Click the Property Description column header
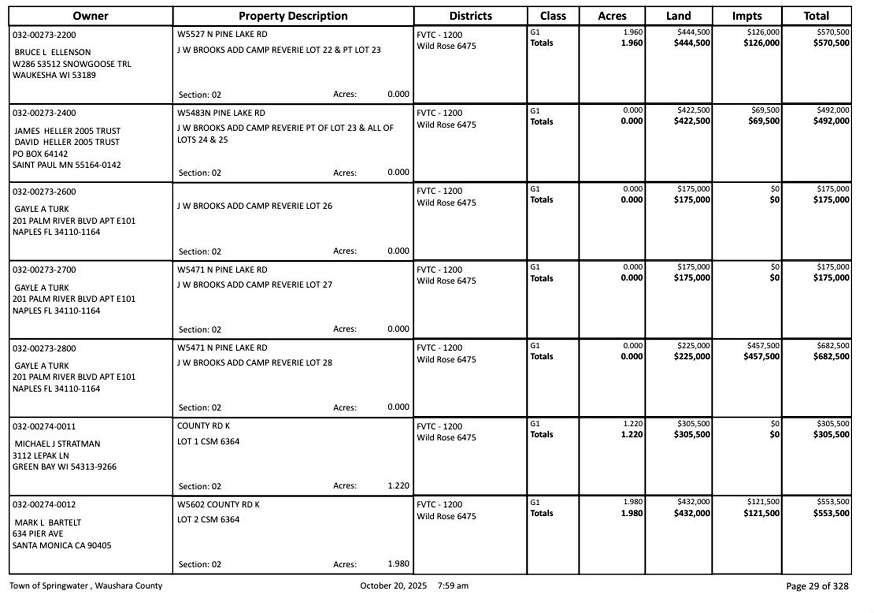pos(293,16)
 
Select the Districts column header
pos(470,16)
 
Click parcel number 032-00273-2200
pos(44,35)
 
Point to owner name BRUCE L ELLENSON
pos(52,52)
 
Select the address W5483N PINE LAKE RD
pos(221,113)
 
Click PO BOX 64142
pos(40,154)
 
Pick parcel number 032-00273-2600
pos(44,192)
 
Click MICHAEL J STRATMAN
pos(57,444)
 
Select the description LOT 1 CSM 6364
pos(208,442)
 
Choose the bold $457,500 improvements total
pos(761,356)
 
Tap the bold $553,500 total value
pos(831,513)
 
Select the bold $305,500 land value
pos(692,435)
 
